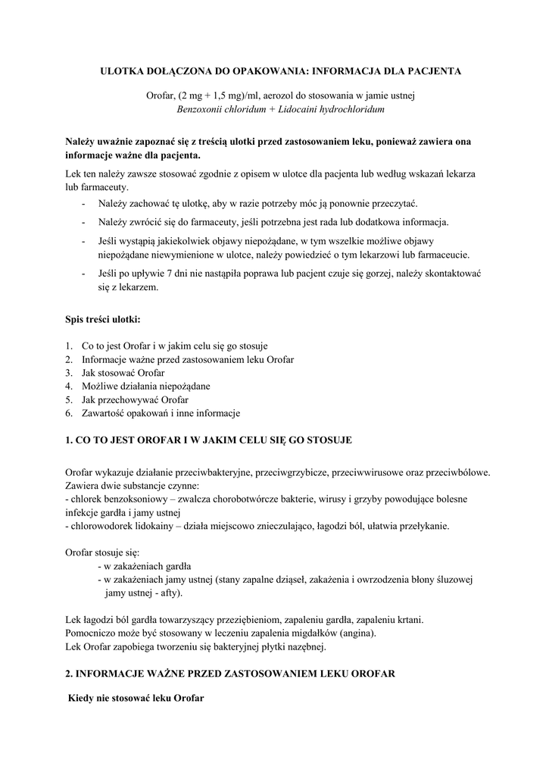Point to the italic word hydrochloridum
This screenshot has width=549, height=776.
pyautogui.click(x=351, y=110)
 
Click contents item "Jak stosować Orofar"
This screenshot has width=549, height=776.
pyautogui.click(x=123, y=373)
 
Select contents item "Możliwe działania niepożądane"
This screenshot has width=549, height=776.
pyautogui.click(x=146, y=386)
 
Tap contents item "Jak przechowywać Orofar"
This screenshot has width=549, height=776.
pyautogui.click(x=135, y=399)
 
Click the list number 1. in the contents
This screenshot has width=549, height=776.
pyautogui.click(x=68, y=346)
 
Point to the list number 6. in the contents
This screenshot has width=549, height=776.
pyautogui.click(x=68, y=413)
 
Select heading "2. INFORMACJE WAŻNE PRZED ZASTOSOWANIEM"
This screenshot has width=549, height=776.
pyautogui.click(x=230, y=673)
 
